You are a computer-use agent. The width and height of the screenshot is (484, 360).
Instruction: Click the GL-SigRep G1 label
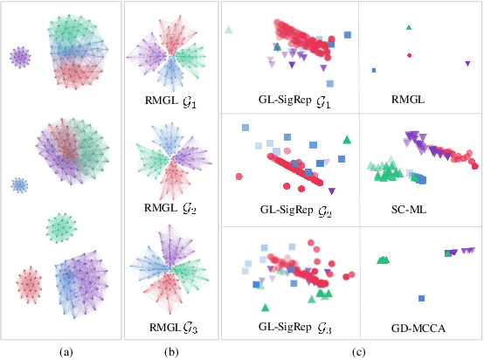click(x=291, y=100)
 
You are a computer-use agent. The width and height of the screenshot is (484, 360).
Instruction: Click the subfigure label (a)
click(x=65, y=351)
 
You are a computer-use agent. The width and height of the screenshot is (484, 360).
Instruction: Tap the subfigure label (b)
click(x=170, y=351)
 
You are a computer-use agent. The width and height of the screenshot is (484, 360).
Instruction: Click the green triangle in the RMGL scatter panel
click(x=409, y=28)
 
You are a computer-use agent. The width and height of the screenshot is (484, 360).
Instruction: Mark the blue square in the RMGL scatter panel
click(x=373, y=70)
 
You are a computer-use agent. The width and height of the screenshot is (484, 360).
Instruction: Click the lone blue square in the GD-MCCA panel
click(x=448, y=253)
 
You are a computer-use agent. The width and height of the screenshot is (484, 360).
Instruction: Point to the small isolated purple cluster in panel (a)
click(x=20, y=58)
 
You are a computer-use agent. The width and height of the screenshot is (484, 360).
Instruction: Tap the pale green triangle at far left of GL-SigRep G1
click(x=229, y=30)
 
